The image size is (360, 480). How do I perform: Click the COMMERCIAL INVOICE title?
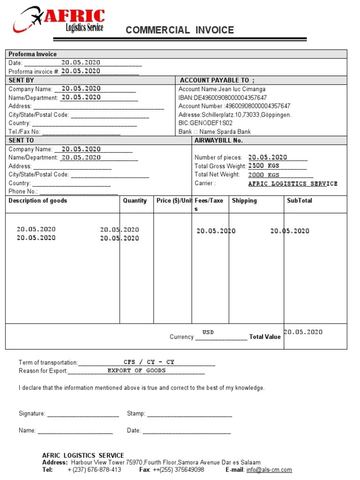[180, 30]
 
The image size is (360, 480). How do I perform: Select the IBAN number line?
[223, 97]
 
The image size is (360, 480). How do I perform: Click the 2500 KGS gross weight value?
[263, 166]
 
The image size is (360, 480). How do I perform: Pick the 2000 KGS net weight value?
[263, 175]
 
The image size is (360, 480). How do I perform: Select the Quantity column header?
[135, 201]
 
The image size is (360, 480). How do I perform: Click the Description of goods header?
[38, 201]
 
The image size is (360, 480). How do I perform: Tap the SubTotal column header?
[300, 201]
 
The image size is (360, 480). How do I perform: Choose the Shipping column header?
[244, 201]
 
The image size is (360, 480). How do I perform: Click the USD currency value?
[208, 332]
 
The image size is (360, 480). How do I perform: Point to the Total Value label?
[265, 337]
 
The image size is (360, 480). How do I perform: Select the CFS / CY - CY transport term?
[149, 362]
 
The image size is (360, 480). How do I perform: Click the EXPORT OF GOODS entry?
[136, 371]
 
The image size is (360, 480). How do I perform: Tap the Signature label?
[32, 413]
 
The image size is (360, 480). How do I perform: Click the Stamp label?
[136, 413]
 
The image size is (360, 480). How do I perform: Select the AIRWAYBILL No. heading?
[218, 141]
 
